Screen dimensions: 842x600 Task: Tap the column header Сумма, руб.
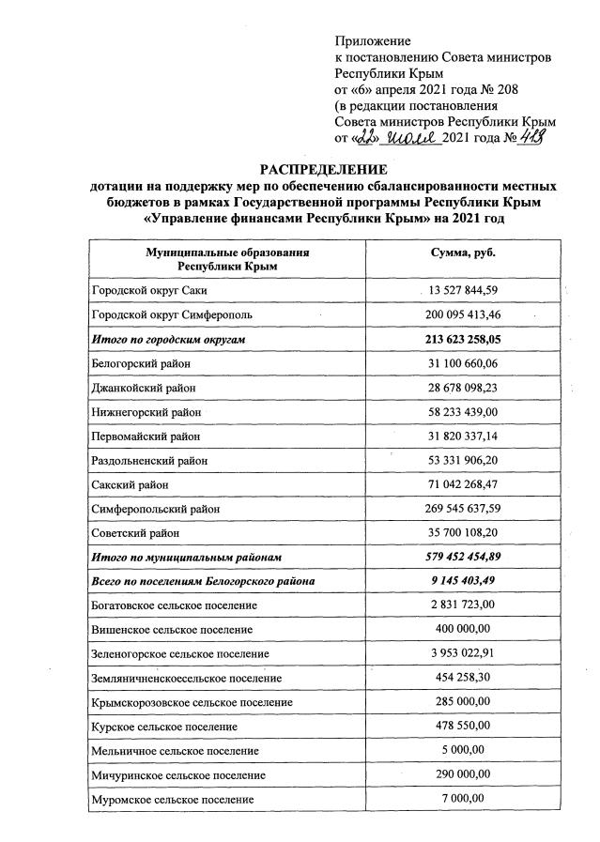pos(463,253)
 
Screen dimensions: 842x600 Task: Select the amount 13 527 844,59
pos(463,290)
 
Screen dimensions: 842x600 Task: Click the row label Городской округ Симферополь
pos(172,314)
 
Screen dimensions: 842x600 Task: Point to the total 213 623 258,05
pos(463,339)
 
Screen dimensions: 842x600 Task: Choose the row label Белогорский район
pos(139,362)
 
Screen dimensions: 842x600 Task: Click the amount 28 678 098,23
pos(463,387)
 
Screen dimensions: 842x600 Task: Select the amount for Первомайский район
pos(463,436)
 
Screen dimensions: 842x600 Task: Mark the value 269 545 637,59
pos(463,509)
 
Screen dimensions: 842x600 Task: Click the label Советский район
pos(135,533)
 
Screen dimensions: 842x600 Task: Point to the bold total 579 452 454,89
pos(463,558)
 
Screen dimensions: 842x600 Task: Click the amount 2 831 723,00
pos(463,606)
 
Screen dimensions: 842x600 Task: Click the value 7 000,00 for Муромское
pos(463,798)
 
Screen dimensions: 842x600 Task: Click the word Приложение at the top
pos(373,41)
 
